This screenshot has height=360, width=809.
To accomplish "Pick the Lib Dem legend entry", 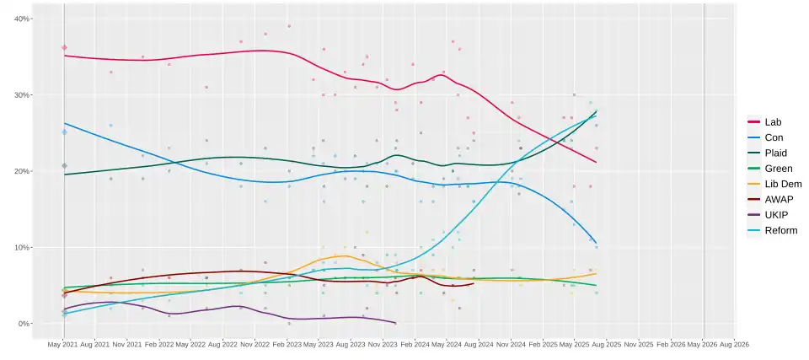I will tap(782, 184).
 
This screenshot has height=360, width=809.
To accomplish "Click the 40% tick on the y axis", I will tap(23, 19).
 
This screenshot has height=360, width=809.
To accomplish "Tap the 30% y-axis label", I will tap(23, 95).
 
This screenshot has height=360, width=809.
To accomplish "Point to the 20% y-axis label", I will tap(23, 171).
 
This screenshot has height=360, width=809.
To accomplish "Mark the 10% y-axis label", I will tap(23, 248).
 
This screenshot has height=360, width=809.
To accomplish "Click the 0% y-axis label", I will tap(24, 324).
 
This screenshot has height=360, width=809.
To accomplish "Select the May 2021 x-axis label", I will tap(63, 345).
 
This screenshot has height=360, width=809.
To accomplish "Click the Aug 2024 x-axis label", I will tap(478, 345).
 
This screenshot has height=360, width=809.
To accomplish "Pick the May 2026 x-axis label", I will tap(703, 345).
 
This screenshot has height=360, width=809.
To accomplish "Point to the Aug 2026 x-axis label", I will tap(734, 345).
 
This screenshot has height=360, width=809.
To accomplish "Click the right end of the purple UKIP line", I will tap(396, 323).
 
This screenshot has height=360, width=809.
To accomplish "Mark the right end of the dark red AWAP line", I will tap(474, 283).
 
